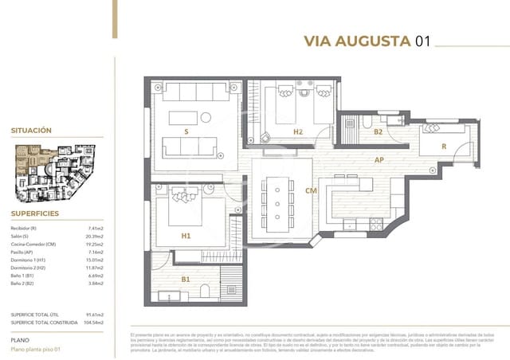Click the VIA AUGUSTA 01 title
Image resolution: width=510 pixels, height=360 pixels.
[x=367, y=41]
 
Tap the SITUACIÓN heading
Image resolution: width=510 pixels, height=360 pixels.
[x=31, y=130]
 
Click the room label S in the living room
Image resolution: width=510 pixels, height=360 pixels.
[x=186, y=131]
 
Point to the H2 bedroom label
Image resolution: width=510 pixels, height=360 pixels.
[x=297, y=131]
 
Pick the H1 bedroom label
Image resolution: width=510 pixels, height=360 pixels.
[x=186, y=236]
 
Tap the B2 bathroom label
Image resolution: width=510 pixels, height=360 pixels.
[x=379, y=132]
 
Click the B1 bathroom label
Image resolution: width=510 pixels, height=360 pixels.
[x=186, y=280]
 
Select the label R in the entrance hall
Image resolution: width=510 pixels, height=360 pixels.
[x=443, y=147]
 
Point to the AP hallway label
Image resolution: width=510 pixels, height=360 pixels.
[x=380, y=159]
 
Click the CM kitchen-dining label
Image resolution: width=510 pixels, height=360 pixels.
[x=311, y=190]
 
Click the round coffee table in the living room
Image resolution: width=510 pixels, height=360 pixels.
[x=205, y=118]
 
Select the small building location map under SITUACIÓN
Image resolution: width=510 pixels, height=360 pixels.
[x=56, y=173]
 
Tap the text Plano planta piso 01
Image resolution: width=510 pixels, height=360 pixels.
[x=35, y=349]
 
